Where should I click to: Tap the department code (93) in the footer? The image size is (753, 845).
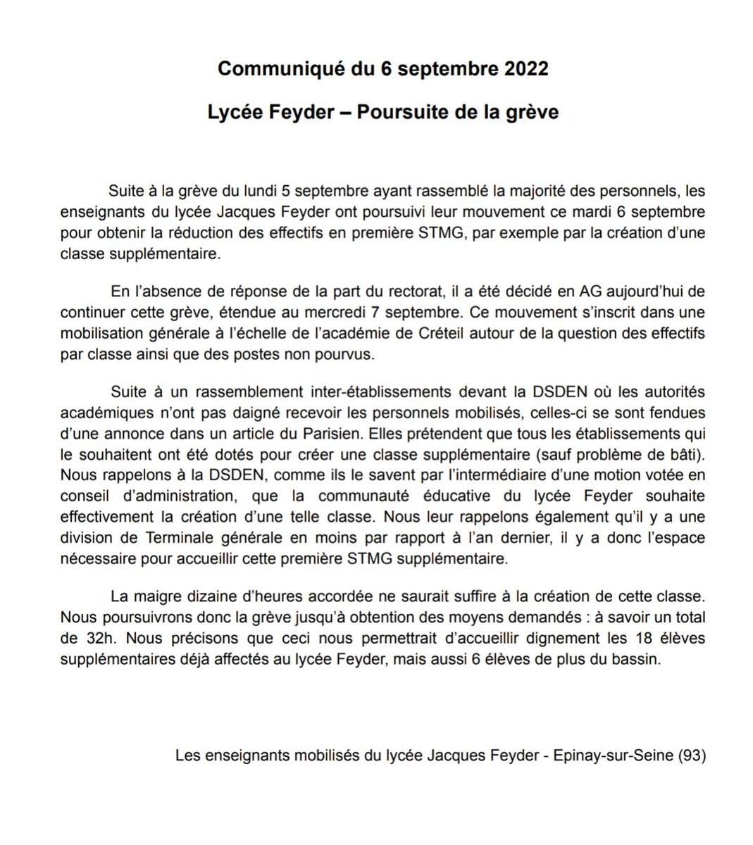click(690, 757)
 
